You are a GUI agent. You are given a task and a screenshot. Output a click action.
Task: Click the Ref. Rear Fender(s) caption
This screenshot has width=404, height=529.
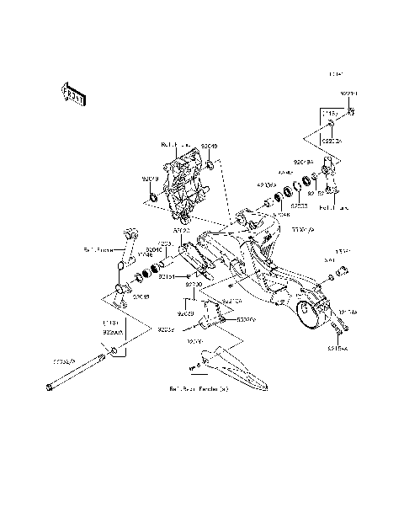pyautogui.click(x=199, y=391)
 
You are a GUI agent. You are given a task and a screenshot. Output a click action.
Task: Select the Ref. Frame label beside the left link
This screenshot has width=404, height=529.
pyautogui.click(x=98, y=249)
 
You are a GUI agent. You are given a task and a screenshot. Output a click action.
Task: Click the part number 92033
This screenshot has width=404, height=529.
pyautogui.click(x=298, y=205)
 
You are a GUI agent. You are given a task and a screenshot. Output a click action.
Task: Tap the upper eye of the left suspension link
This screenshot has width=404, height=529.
pyautogui.click(x=129, y=233)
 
